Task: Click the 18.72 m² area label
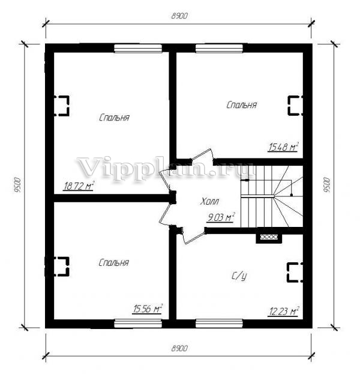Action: click(79, 186)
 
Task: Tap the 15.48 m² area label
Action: click(283, 147)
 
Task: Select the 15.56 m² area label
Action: click(148, 309)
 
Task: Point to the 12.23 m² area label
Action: click(284, 312)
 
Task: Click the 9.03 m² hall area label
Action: click(221, 217)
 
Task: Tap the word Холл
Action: click(209, 202)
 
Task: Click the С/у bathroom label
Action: click(239, 276)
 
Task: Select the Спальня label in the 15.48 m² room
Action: click(242, 105)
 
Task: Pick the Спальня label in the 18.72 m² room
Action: click(114, 118)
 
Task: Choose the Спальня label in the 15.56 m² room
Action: click(114, 262)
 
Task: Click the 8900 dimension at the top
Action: click(179, 16)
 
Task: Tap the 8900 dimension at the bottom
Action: click(179, 348)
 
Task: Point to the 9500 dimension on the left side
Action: click(17, 185)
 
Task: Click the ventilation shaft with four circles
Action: click(269, 237)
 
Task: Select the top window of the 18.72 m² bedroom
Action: click(138, 48)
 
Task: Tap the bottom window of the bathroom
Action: click(220, 324)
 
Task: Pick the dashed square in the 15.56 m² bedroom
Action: click(62, 267)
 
